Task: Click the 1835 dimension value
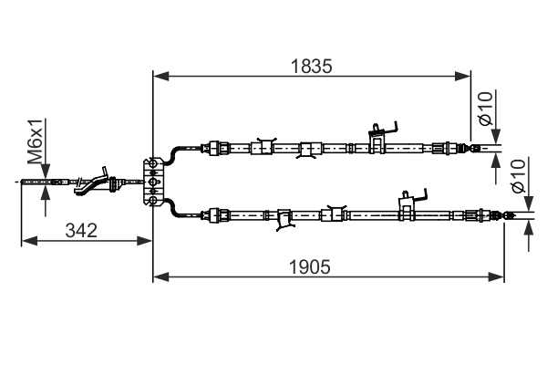pos(311,66)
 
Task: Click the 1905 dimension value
pos(309,267)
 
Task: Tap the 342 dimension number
pos(81,231)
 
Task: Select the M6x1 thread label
pos(36,141)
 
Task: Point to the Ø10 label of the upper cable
pos(486,108)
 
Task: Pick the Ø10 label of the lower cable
pos(518,176)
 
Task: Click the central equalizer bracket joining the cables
pos(153,182)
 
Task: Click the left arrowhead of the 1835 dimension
pos(160,76)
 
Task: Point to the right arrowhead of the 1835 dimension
pos(463,76)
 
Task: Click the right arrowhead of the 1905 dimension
pos(496,277)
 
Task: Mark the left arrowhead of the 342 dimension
pos(29,241)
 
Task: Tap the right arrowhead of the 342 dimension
pos(144,241)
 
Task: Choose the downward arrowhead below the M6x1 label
pos(46,172)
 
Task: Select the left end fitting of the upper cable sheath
pos(215,148)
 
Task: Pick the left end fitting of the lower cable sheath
pos(215,215)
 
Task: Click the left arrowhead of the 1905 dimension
pos(160,277)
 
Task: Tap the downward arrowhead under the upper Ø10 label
pos(496,137)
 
